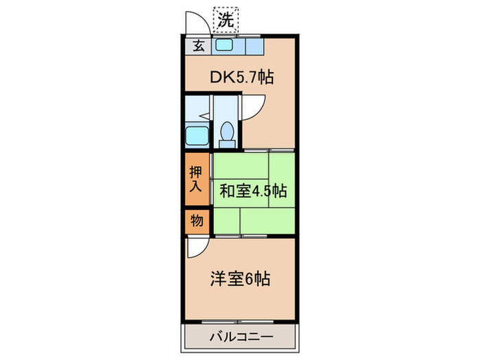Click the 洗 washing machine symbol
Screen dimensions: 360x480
(225, 19)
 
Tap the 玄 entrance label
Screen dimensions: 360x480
(197, 47)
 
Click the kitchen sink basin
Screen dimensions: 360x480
(225, 47)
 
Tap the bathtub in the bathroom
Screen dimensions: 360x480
(197, 136)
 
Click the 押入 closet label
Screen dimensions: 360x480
(196, 179)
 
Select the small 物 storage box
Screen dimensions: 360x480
(196, 221)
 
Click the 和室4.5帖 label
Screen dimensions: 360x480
(252, 192)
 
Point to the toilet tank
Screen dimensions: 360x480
(227, 143)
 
